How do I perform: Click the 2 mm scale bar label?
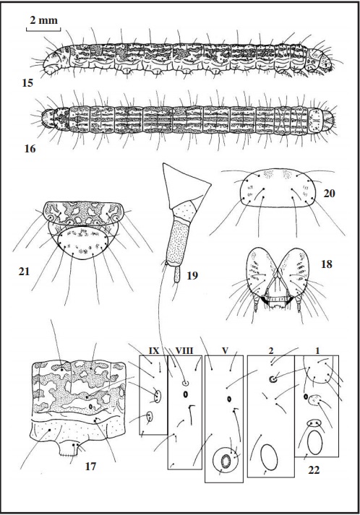(x=43, y=21)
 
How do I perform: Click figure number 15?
(x=27, y=83)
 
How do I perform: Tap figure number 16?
(x=30, y=149)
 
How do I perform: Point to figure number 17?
(x=90, y=467)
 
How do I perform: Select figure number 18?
(x=327, y=264)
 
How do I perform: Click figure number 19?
(x=192, y=276)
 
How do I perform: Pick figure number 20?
(x=329, y=194)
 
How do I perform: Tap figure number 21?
(x=24, y=272)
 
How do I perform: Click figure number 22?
(x=314, y=470)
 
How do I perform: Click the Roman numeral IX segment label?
(x=154, y=351)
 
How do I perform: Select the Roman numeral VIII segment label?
(x=184, y=351)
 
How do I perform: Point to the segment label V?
(x=225, y=351)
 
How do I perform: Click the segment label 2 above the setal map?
(x=271, y=351)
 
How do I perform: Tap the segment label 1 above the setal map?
(x=317, y=351)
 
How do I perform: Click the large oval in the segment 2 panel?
(x=269, y=457)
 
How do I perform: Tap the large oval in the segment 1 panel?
(x=315, y=443)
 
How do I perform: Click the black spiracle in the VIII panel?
(x=185, y=394)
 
